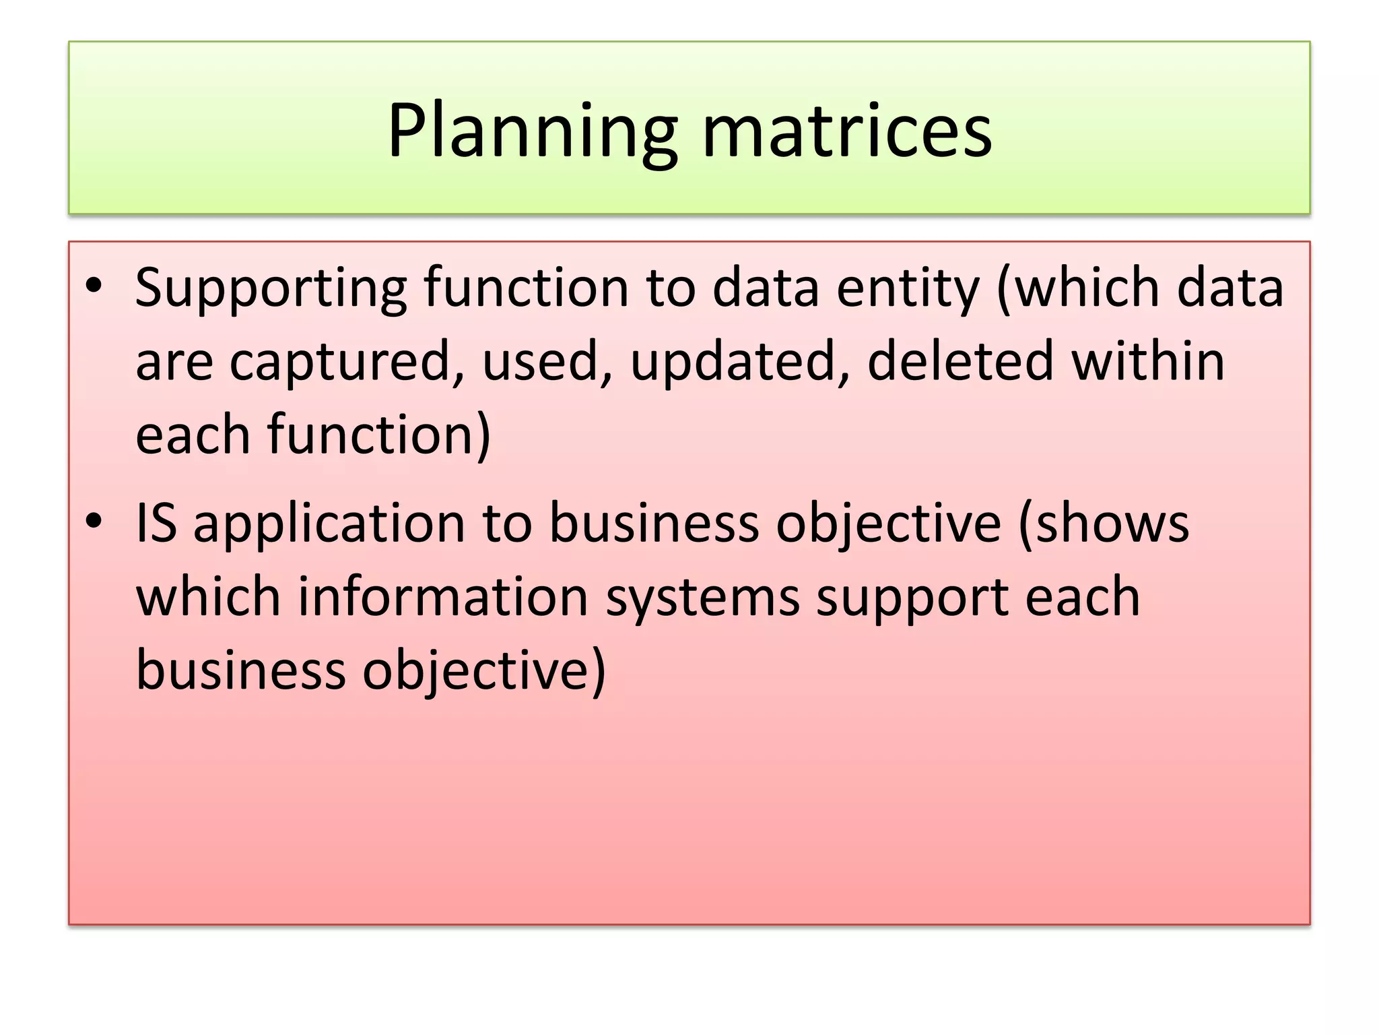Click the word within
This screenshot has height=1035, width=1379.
tap(1148, 361)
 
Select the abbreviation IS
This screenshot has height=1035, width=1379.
tap(156, 524)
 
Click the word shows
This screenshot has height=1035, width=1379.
tap(1111, 524)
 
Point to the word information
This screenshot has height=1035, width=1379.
tap(443, 598)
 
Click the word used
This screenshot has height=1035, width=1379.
tap(540, 361)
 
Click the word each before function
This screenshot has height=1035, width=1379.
tap(193, 435)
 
